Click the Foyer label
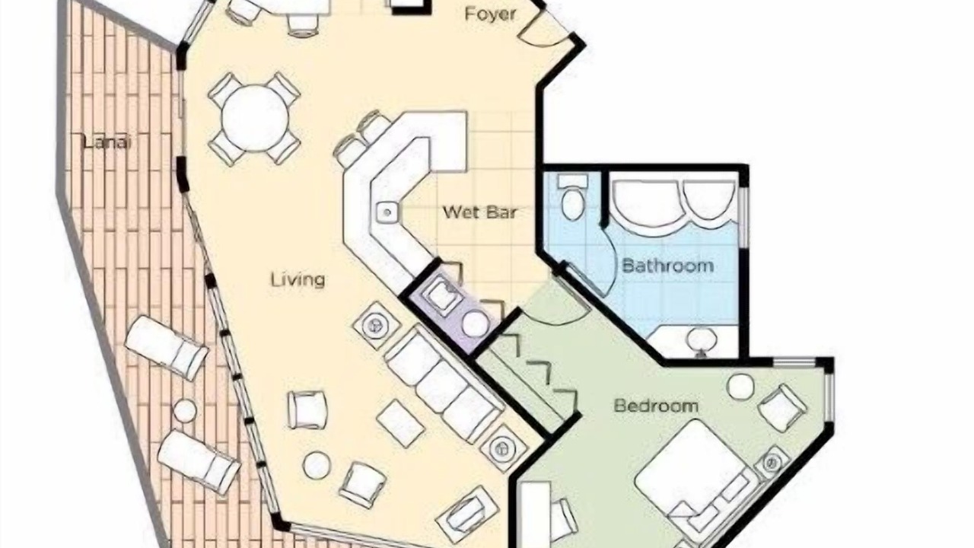click(x=490, y=14)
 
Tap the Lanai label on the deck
click(x=107, y=142)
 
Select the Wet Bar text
click(x=480, y=212)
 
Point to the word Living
click(x=298, y=279)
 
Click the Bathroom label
click(x=668, y=266)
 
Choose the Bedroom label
click(x=656, y=406)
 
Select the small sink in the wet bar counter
click(x=386, y=212)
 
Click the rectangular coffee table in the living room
click(x=400, y=422)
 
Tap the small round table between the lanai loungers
click(x=185, y=410)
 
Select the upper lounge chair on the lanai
click(x=166, y=349)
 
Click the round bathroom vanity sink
click(x=702, y=340)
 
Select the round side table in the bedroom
click(x=741, y=387)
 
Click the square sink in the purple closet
click(x=445, y=298)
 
